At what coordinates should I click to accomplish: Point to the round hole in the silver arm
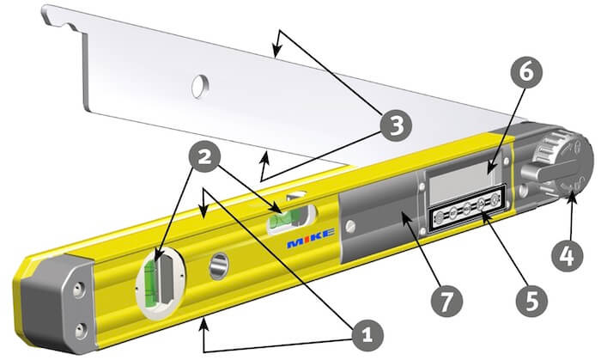200,84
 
